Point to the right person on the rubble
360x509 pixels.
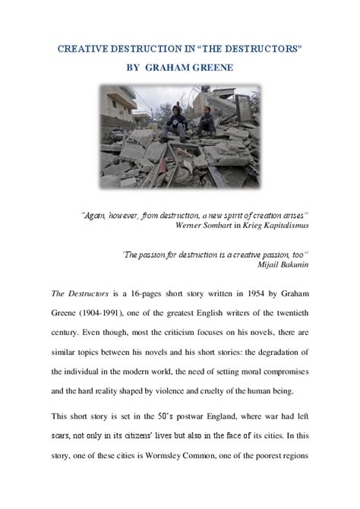point(206,122)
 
